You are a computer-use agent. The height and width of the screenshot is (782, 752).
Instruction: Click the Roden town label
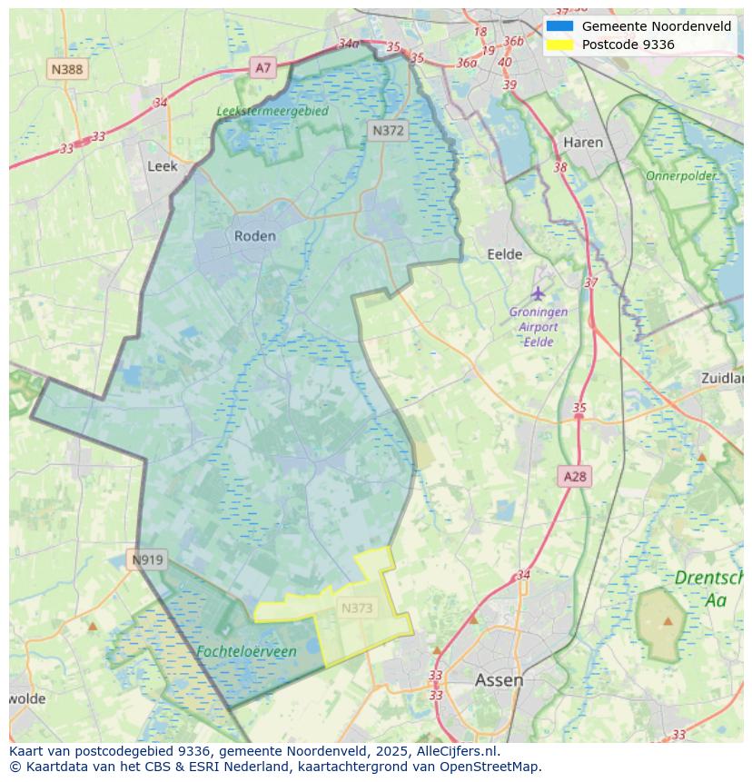click(254, 236)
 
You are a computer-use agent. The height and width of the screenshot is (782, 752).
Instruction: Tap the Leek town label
click(163, 166)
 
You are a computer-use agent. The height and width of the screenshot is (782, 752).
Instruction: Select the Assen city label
click(499, 680)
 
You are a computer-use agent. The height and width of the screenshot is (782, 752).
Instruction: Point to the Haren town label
click(583, 143)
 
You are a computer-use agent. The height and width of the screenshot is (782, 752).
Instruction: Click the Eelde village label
click(505, 254)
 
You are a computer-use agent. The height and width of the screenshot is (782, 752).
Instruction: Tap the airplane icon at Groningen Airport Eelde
click(539, 293)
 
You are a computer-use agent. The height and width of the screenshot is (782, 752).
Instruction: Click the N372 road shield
click(388, 131)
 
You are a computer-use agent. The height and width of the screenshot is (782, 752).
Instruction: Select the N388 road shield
click(67, 69)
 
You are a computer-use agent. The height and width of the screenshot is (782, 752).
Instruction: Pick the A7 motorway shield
click(262, 67)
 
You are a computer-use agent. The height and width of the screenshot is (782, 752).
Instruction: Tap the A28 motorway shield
click(575, 476)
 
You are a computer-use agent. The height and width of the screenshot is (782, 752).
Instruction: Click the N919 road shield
click(147, 559)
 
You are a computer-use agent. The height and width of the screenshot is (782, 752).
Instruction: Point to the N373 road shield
click(357, 609)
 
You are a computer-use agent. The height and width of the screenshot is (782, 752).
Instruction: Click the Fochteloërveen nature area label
click(246, 652)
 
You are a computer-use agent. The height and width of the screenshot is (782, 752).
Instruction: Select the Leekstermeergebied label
click(272, 111)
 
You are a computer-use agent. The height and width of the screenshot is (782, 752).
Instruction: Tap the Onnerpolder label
click(681, 175)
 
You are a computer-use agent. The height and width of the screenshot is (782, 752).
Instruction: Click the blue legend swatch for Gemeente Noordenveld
click(559, 26)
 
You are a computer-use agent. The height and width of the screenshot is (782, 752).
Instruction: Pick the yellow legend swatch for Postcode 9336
click(559, 45)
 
